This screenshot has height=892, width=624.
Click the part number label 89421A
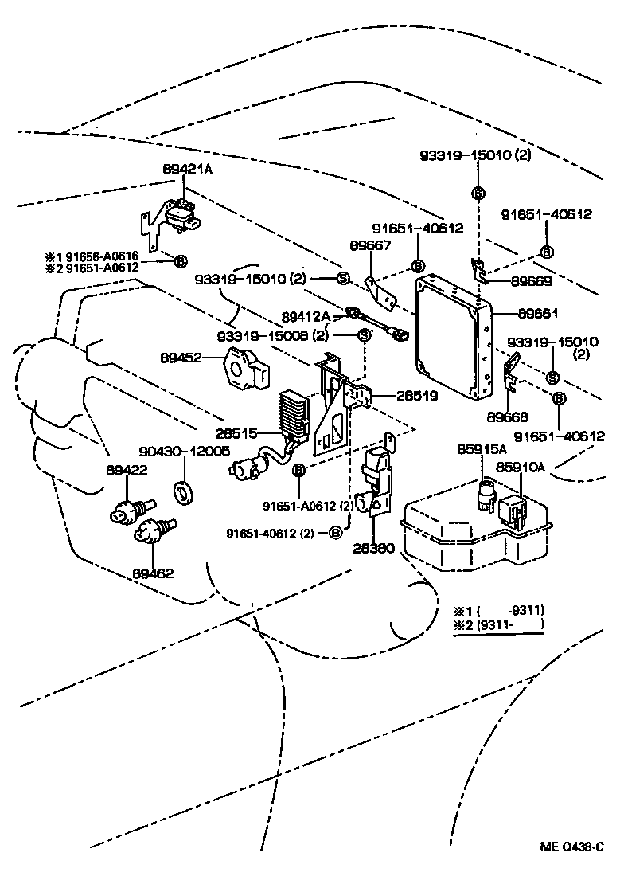[x=188, y=170]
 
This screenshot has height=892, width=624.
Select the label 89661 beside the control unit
[x=538, y=314]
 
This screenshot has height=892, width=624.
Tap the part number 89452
[x=181, y=358]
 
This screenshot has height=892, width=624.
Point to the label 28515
[x=236, y=433]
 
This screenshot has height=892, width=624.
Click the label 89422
[x=127, y=470]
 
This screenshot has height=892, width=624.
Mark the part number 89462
[x=154, y=573]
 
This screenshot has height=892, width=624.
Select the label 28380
[x=373, y=549]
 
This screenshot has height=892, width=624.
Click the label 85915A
[x=482, y=449]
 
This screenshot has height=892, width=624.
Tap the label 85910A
[x=521, y=467]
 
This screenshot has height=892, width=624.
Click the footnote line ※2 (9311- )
[x=499, y=624]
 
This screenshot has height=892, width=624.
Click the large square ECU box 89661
[x=453, y=335]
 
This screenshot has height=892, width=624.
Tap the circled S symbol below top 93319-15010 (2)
[x=478, y=194]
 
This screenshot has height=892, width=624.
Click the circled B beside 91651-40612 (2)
[x=335, y=533]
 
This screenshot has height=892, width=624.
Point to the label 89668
[x=507, y=417]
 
